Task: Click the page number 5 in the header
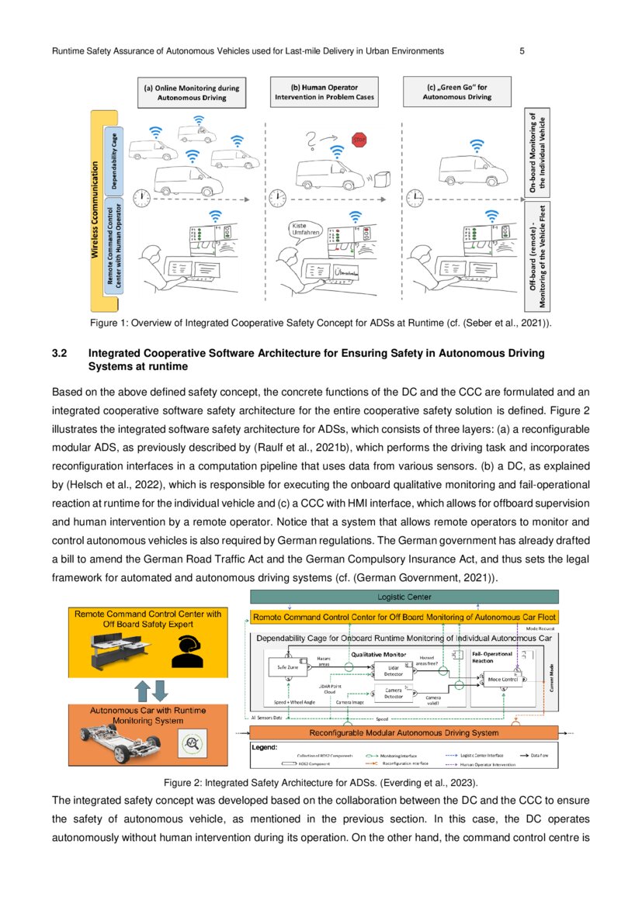522,51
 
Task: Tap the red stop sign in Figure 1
359,140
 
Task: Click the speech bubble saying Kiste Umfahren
304,229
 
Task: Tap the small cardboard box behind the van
381,180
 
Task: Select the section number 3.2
61,353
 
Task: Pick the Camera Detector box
394,693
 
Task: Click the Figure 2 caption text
320,784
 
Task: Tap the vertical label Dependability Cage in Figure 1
113,158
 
